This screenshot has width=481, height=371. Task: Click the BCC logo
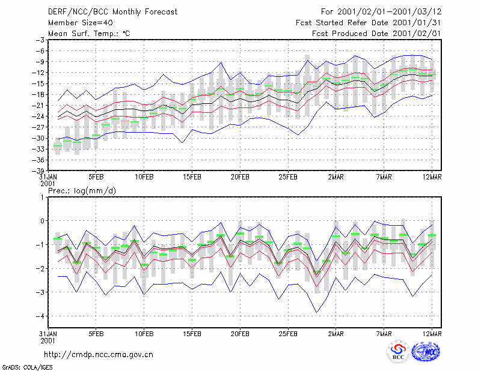398,352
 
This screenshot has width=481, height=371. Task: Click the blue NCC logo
426,352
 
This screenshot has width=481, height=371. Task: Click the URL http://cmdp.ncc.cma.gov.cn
99,355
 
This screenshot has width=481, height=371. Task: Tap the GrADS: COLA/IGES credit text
27,367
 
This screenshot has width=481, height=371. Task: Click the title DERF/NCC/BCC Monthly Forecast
112,12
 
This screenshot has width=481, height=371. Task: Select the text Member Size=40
81,23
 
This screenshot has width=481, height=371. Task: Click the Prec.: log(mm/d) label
82,191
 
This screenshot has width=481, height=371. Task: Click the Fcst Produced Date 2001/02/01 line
376,34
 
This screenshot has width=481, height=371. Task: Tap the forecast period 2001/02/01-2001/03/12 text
389,12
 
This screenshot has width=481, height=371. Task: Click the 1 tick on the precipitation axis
42,198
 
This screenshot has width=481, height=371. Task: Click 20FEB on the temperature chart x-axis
240,177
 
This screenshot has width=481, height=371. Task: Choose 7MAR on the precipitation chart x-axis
384,334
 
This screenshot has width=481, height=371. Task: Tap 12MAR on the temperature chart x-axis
432,177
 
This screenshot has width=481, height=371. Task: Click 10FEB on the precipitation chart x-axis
144,334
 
